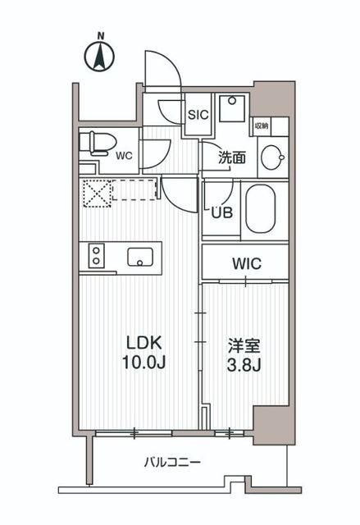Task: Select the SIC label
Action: (199, 115)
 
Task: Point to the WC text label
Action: (124, 154)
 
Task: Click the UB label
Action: (221, 211)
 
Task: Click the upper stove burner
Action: (97, 249)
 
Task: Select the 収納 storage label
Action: (261, 126)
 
